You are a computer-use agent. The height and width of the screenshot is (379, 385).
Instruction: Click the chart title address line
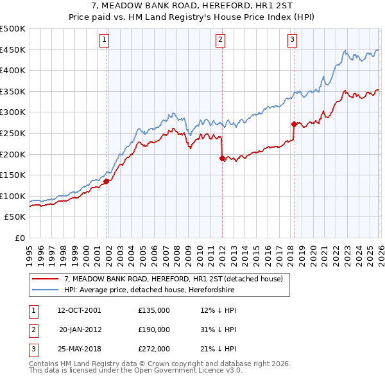192,6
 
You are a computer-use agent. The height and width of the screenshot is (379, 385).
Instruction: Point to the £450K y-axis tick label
13,49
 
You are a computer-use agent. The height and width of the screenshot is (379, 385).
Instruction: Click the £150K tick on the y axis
13,175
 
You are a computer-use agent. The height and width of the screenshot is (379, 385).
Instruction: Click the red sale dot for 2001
107,181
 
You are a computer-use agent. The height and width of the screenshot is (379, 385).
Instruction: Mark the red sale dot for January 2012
222,158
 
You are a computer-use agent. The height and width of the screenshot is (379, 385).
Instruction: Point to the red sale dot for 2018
294,124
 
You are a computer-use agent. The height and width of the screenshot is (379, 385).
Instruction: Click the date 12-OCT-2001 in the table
79,310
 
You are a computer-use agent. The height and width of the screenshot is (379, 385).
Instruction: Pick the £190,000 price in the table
154,330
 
